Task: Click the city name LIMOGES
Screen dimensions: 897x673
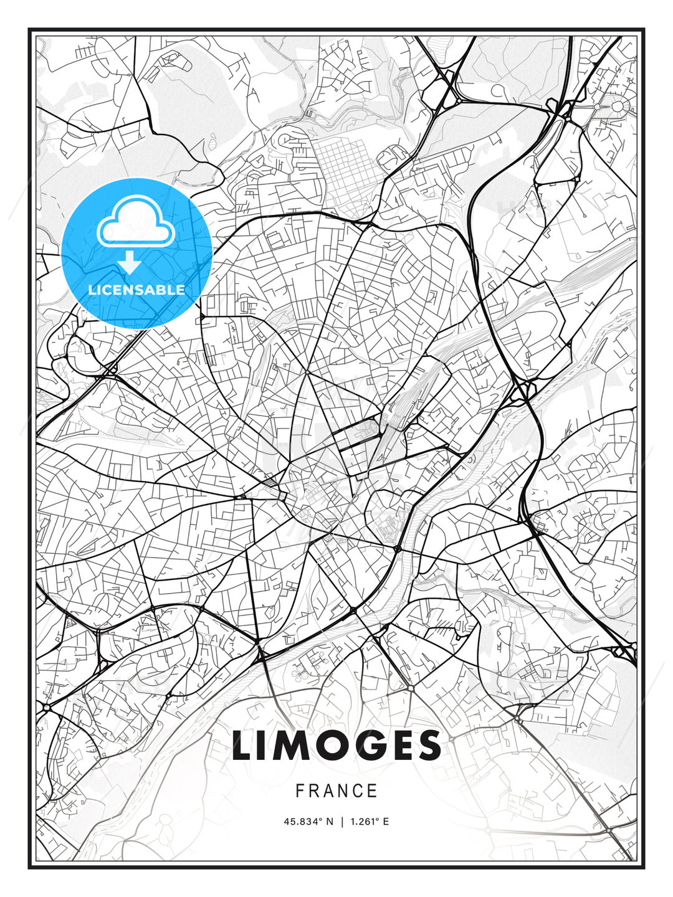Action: [x=336, y=746]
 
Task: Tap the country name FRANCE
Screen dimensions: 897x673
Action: [x=336, y=791]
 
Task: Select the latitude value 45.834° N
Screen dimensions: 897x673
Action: [x=308, y=822]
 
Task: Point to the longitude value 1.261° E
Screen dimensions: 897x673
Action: [x=370, y=822]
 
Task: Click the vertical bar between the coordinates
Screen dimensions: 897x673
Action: [x=341, y=822]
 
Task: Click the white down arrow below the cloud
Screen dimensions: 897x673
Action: [x=130, y=263]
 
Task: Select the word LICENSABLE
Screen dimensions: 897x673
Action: [x=136, y=290]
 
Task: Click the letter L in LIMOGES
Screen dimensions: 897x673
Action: [x=244, y=746]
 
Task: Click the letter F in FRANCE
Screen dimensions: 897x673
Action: [x=300, y=791]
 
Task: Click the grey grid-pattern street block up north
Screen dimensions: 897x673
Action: [x=342, y=165]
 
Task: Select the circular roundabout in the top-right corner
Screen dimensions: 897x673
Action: [x=617, y=107]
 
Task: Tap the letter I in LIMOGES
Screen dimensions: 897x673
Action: [x=265, y=746]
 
